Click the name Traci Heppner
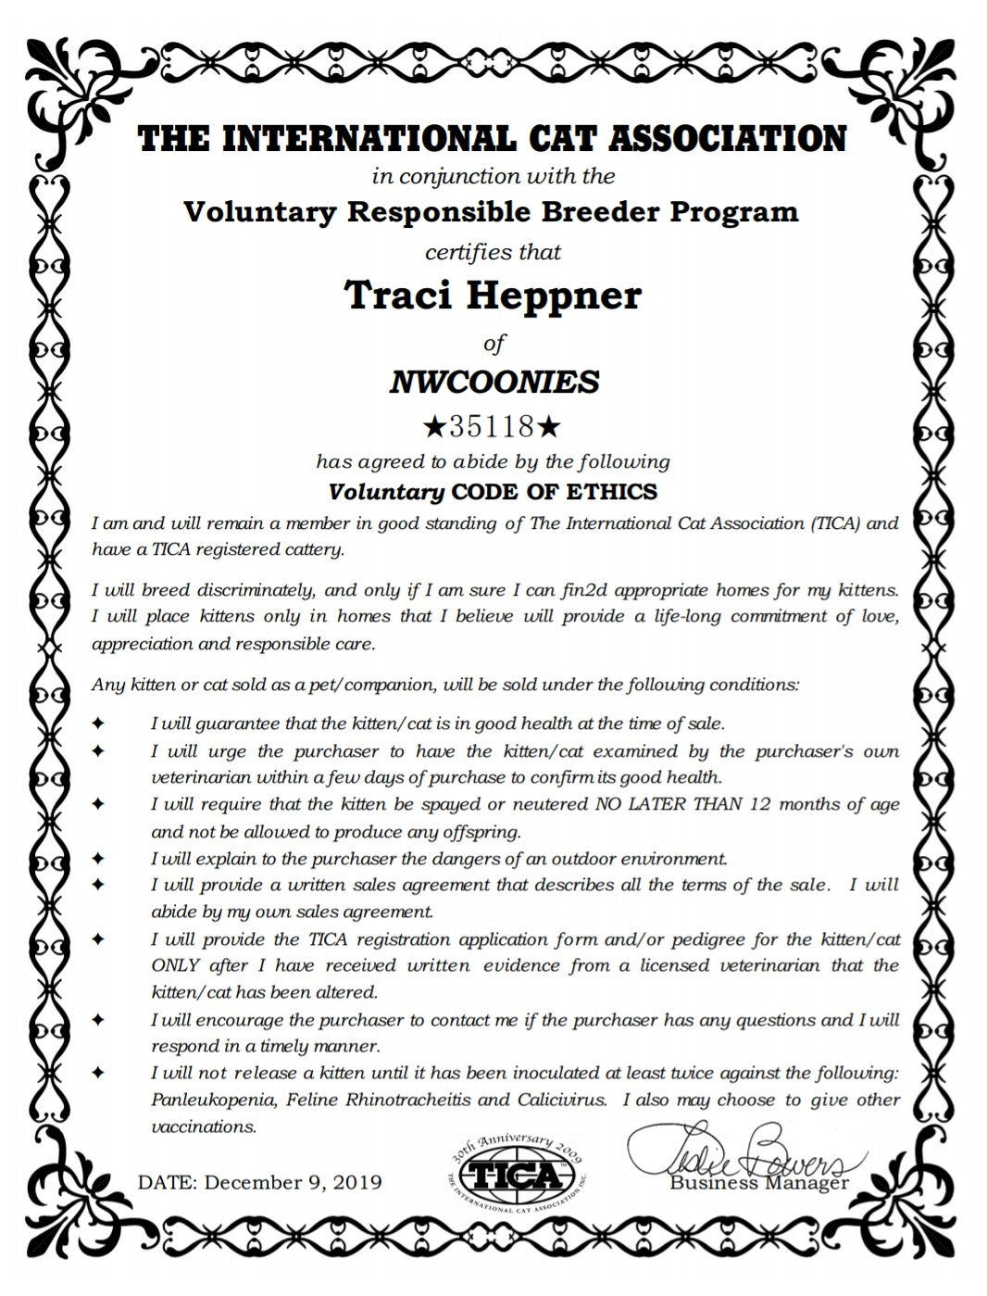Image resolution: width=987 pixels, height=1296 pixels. coord(493,296)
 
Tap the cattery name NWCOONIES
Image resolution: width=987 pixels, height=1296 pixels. coord(493,381)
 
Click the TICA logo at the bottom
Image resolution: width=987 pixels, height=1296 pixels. coord(518,1175)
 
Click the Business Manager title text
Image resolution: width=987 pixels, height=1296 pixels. coord(759,1183)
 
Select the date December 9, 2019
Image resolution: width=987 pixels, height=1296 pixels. coord(293,1183)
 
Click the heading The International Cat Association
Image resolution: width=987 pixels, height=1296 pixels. coord(493,139)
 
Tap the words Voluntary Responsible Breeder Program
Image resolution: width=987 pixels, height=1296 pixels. coord(491,212)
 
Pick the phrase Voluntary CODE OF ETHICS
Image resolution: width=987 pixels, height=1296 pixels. coord(493,491)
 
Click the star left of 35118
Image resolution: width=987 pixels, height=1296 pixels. coord(433,426)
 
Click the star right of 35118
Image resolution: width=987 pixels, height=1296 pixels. coord(549,426)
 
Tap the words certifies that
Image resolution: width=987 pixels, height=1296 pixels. coord(493,252)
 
